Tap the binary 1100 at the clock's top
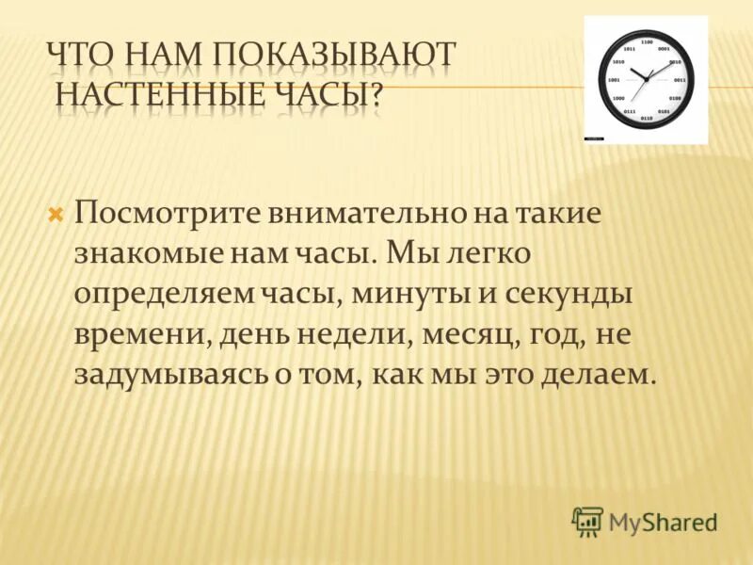(646, 42)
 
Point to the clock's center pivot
(646, 80)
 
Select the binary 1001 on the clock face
(614, 80)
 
